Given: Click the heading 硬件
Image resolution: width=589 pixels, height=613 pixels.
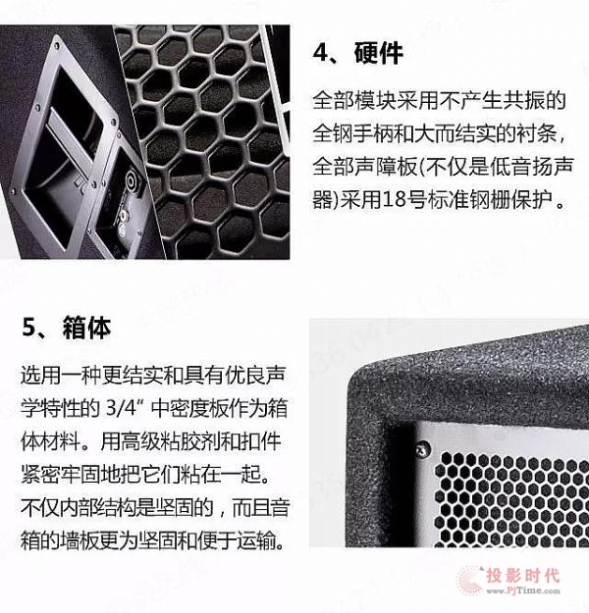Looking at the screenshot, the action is [379, 53].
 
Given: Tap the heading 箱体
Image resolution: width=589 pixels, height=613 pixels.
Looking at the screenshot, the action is [86, 328].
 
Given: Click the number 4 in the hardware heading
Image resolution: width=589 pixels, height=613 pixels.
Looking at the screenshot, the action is [321, 53].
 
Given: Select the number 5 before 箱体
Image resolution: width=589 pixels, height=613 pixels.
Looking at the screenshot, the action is [29, 328].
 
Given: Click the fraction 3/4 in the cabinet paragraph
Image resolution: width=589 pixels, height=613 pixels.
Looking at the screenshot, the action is [121, 408].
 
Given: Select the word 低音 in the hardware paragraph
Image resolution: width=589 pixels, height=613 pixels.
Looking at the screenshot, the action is [511, 167].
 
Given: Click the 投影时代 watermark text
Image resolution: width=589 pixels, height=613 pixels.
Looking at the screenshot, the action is [523, 576].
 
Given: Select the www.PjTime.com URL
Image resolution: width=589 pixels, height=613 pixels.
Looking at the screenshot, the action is [523, 590].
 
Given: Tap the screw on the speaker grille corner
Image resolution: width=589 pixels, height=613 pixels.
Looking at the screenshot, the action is [422, 449].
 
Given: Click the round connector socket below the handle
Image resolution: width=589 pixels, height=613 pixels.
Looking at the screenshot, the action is [132, 180].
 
